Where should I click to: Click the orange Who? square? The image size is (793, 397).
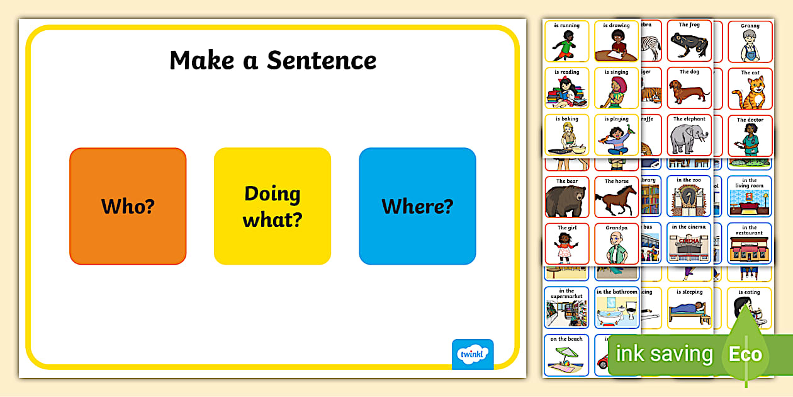click(128, 206)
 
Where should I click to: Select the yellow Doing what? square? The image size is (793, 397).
click(273, 206)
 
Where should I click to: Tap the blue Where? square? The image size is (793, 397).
click(417, 206)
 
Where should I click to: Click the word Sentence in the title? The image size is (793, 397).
click(322, 60)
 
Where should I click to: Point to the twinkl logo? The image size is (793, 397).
click(473, 354)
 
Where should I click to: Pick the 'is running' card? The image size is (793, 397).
click(567, 42)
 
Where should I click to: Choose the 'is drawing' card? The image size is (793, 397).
click(616, 42)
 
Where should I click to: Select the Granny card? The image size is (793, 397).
click(750, 42)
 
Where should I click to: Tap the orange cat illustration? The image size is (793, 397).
click(750, 93)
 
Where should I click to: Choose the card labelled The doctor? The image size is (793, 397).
click(750, 135)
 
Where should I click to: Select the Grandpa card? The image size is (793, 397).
click(617, 243)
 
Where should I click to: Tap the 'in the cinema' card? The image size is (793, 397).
click(689, 243)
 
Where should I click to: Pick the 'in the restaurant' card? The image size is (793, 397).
click(750, 243)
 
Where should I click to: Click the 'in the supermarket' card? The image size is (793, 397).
click(567, 308)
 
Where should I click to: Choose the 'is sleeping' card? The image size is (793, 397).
click(689, 308)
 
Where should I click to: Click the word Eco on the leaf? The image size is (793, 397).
click(745, 354)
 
